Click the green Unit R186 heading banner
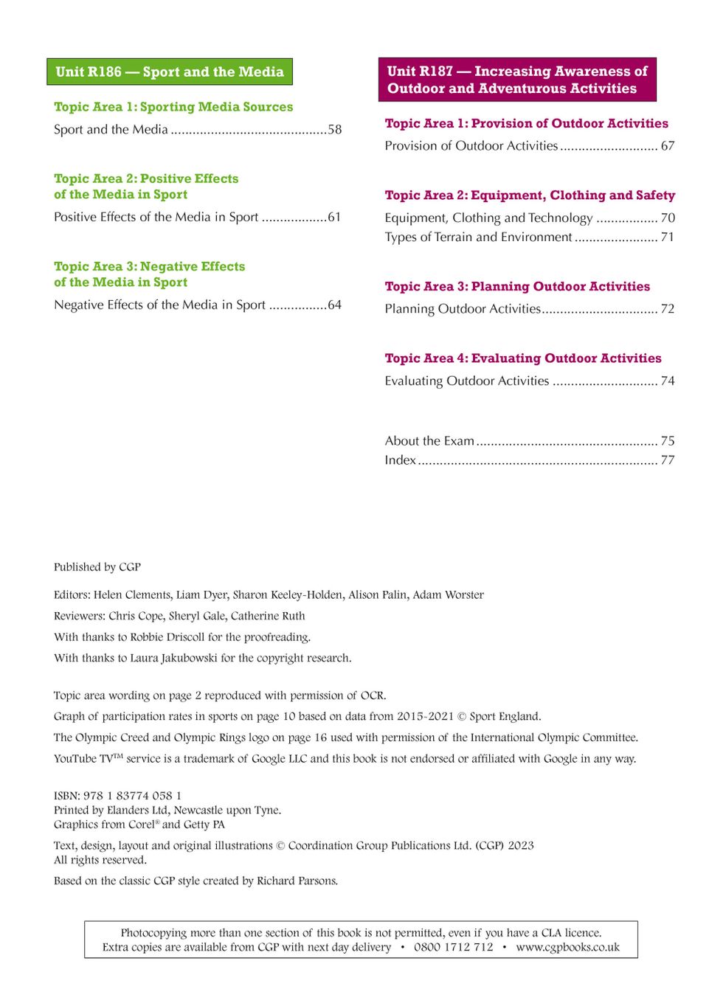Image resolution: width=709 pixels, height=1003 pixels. [169, 72]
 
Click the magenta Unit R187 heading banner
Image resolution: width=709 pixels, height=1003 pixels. [516, 80]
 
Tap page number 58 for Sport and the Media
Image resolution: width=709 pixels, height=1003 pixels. [334, 130]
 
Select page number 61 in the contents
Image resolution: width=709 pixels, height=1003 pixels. [334, 218]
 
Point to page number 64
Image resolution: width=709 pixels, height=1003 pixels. [334, 305]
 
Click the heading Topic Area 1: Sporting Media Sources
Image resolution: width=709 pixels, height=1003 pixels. [173, 107]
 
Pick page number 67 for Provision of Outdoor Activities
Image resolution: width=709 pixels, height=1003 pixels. [667, 146]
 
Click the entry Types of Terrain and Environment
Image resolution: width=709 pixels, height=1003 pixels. [478, 237]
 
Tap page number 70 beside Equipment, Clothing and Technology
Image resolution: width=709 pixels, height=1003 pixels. [667, 218]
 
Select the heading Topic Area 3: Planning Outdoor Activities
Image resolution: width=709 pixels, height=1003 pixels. [517, 287]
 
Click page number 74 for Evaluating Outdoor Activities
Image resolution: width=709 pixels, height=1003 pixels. [667, 381]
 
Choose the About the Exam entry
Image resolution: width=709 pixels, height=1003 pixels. [429, 441]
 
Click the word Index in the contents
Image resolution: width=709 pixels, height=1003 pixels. [400, 460]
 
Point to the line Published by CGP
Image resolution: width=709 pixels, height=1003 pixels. [97, 567]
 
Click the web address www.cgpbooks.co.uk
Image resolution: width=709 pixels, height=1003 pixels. [567, 948]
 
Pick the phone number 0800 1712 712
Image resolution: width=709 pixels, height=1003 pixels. [453, 948]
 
